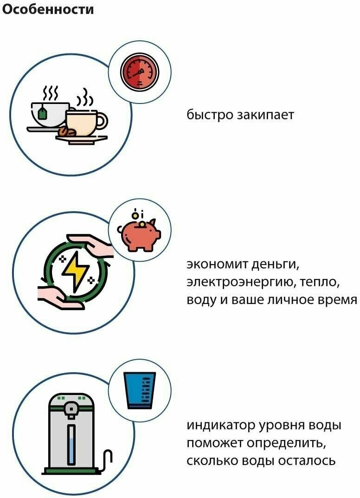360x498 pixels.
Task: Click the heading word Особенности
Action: [48, 9]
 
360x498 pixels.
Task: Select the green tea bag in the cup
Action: [42, 112]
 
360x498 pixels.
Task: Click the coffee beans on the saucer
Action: [66, 133]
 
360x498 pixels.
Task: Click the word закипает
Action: [265, 115]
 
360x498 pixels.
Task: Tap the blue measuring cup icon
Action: [140, 390]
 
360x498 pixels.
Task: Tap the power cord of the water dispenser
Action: [108, 459]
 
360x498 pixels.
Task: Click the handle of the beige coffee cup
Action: [103, 121]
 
